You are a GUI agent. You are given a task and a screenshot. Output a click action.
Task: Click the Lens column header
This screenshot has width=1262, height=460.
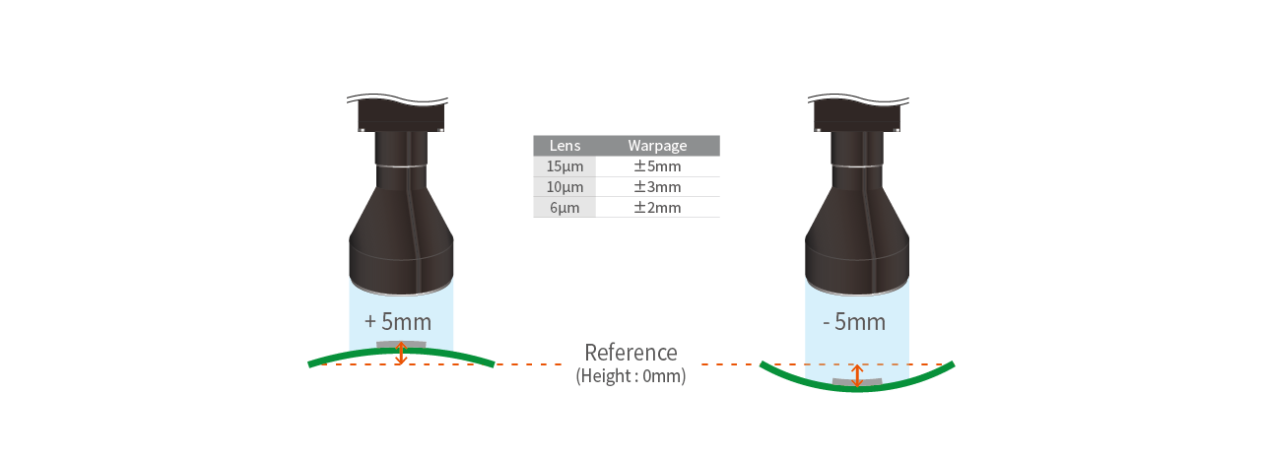coord(565,146)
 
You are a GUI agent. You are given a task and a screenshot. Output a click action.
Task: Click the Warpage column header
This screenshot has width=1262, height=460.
coord(657,146)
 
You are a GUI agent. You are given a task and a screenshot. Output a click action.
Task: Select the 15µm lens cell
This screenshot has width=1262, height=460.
coord(565,166)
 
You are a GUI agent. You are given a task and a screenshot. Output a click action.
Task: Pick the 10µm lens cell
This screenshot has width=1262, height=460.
coord(565,187)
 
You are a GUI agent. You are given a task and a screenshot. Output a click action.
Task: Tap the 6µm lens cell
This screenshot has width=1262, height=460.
coord(565,208)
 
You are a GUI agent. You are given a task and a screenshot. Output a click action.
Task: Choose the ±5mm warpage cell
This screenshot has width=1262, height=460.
coord(657,166)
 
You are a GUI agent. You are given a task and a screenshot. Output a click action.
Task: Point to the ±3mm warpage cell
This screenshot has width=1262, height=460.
coord(657,187)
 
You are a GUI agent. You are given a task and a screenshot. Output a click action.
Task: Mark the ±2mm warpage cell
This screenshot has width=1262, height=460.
coord(657,208)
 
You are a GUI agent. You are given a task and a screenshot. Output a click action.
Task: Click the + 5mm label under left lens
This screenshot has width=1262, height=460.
coord(398,321)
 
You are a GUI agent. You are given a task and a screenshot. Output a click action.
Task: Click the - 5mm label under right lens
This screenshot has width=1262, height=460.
coord(853,322)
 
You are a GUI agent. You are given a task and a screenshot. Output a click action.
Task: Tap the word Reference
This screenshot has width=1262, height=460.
coord(631,353)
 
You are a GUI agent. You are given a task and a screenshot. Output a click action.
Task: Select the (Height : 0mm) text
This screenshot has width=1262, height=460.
coord(631,375)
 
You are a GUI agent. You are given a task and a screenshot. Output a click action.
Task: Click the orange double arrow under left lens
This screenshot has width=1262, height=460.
coord(400,354)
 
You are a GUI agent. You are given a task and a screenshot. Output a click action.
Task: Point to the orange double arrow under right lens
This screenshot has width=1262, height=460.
coord(856,375)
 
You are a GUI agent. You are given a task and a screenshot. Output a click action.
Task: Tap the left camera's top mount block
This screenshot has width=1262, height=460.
coord(400,115)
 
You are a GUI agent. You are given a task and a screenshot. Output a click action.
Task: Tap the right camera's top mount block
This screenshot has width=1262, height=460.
coord(856,115)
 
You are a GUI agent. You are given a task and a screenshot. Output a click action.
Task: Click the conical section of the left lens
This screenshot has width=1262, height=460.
coord(400,207)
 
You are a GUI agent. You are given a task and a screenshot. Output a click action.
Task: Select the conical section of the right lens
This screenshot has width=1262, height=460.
coord(856,207)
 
